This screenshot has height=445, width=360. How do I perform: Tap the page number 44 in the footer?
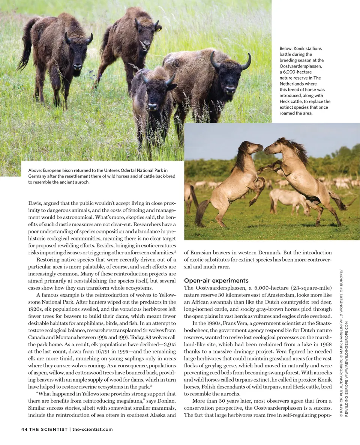coord(24,429)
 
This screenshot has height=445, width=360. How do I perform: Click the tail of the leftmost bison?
coord(25,45)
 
